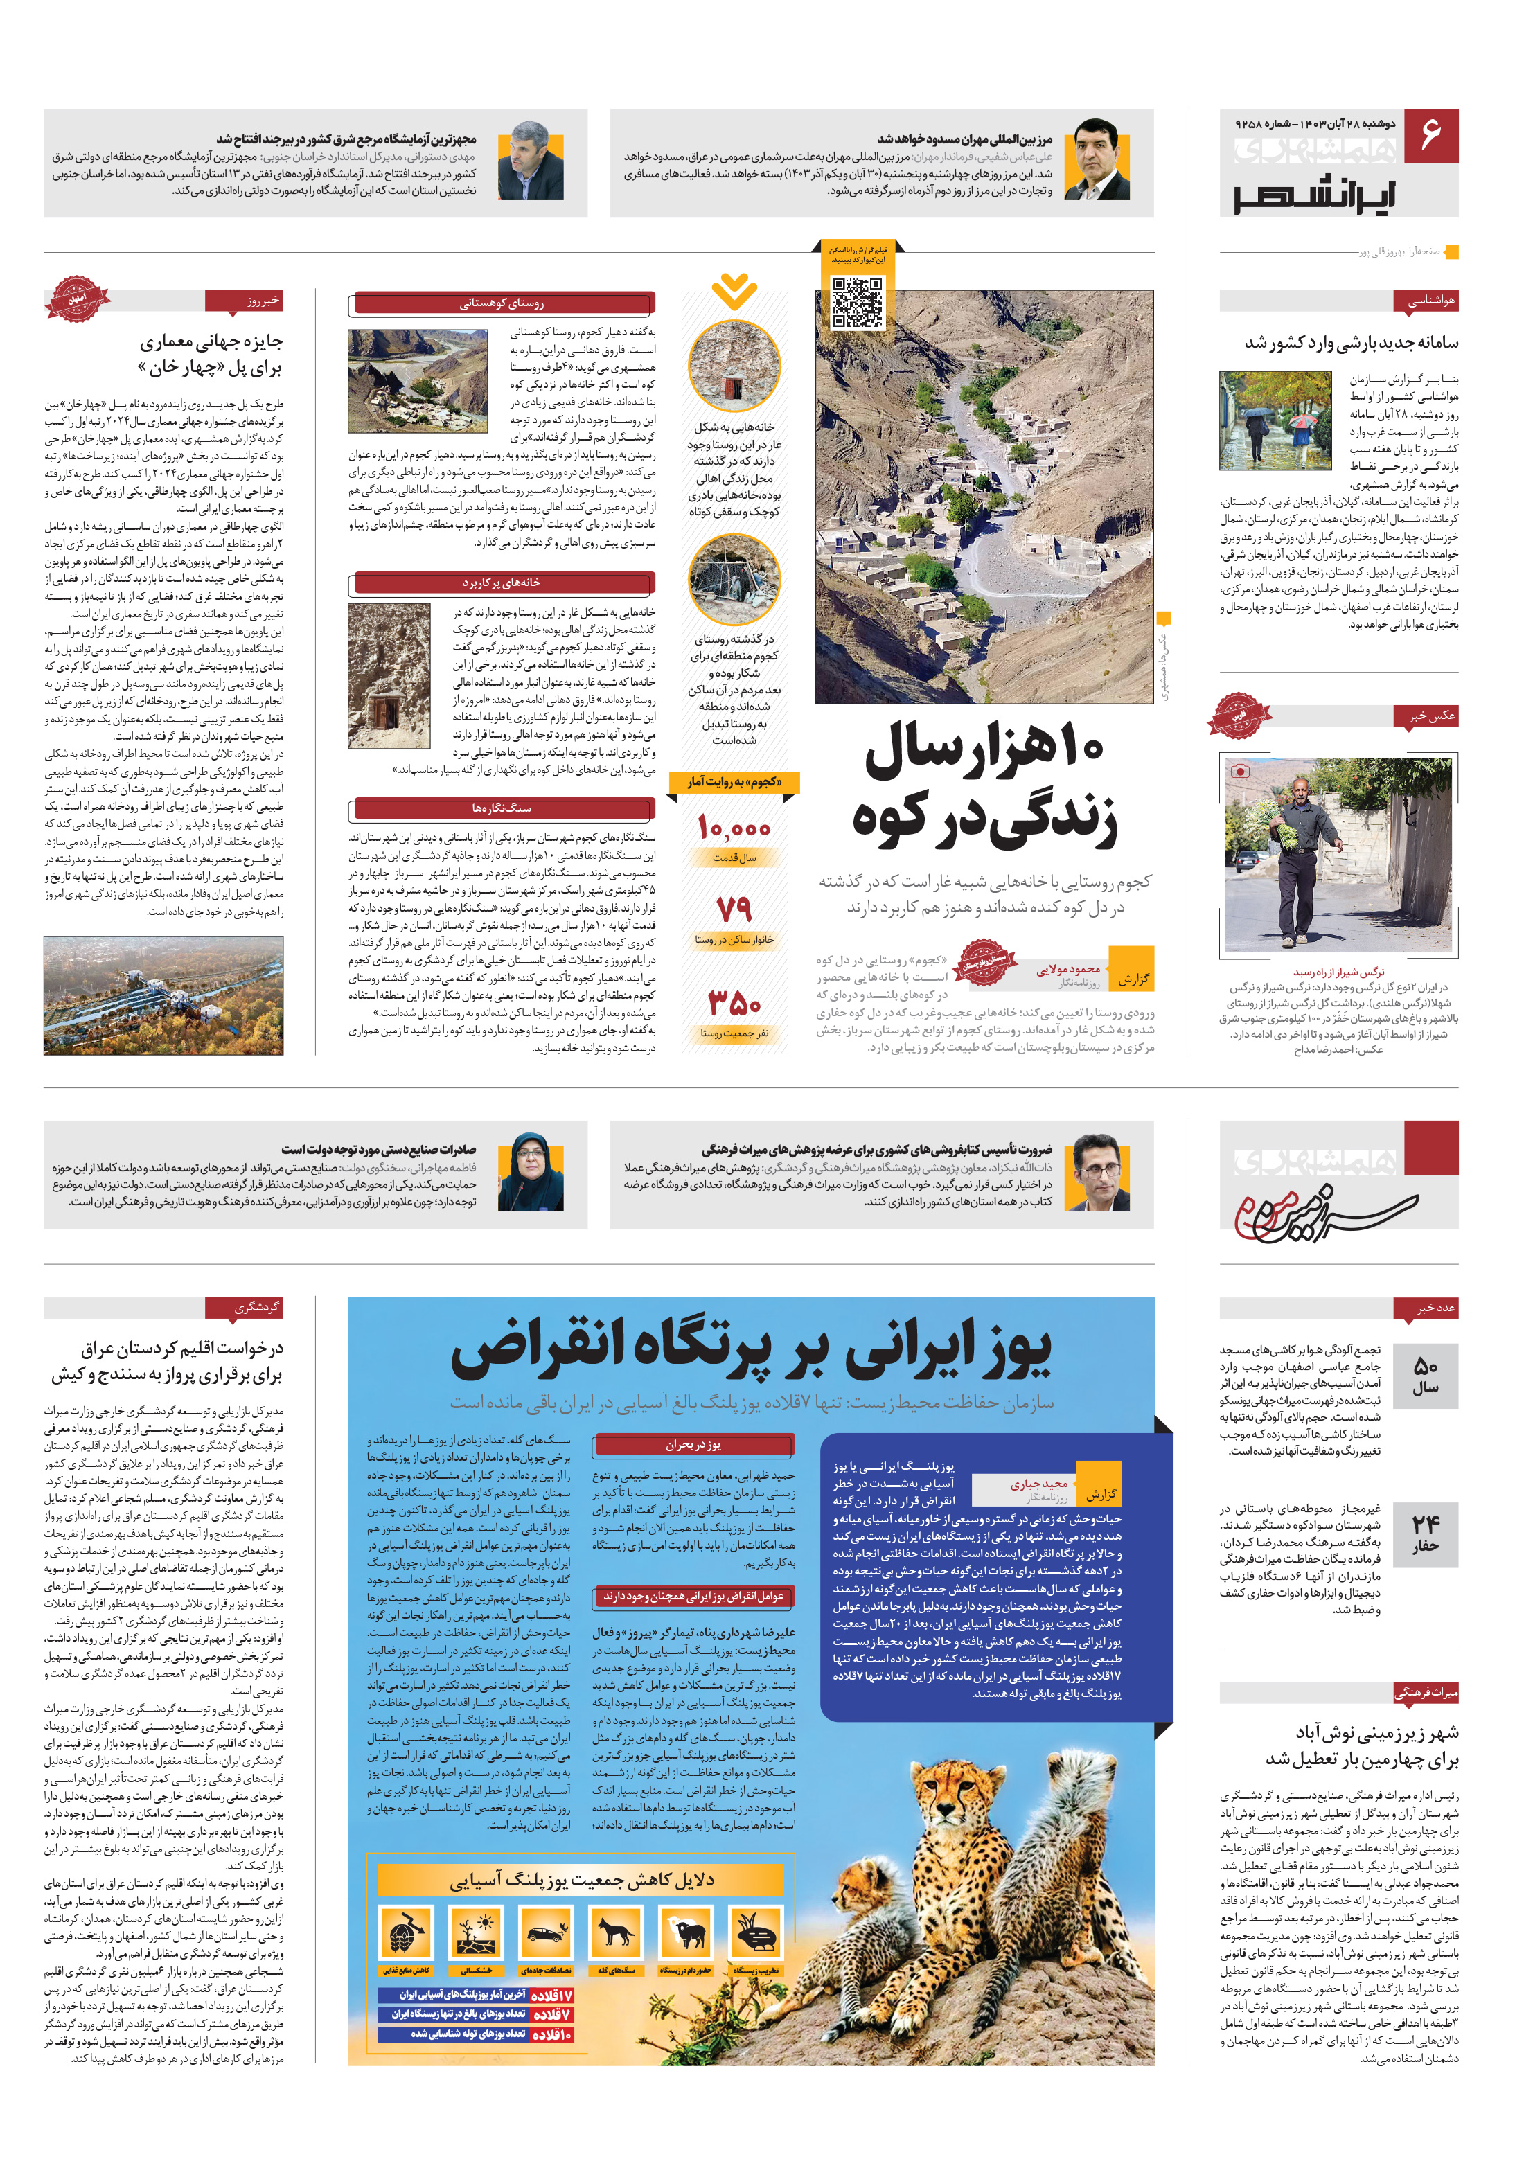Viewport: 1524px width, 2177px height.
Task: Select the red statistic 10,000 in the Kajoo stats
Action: tap(734, 828)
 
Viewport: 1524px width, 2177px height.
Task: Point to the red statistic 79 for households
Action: tap(734, 909)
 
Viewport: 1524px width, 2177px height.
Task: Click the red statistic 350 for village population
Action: tap(734, 1002)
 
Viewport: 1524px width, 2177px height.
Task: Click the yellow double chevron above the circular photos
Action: tap(734, 291)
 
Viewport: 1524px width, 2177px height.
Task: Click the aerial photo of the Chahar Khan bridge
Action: tap(163, 995)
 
